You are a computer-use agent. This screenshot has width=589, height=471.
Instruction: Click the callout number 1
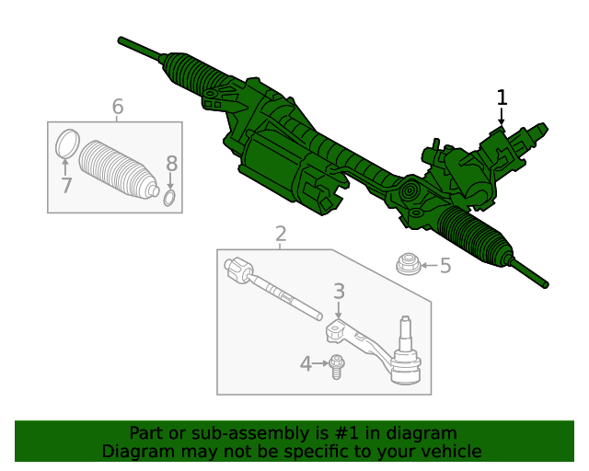[502, 98]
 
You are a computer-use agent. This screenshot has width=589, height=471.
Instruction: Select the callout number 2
[281, 234]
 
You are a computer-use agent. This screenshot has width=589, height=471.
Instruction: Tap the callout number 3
[339, 292]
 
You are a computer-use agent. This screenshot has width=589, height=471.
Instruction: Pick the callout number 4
[306, 364]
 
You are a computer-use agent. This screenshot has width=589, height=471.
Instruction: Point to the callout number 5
[445, 267]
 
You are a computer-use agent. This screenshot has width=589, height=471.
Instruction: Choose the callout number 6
[117, 107]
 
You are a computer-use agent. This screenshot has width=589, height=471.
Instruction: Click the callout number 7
[65, 185]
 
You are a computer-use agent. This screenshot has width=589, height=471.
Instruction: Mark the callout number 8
[171, 164]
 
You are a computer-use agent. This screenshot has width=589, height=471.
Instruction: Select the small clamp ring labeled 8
[170, 198]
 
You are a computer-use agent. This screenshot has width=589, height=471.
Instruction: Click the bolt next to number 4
[337, 365]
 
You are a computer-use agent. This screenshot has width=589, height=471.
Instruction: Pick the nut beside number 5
[407, 265]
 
